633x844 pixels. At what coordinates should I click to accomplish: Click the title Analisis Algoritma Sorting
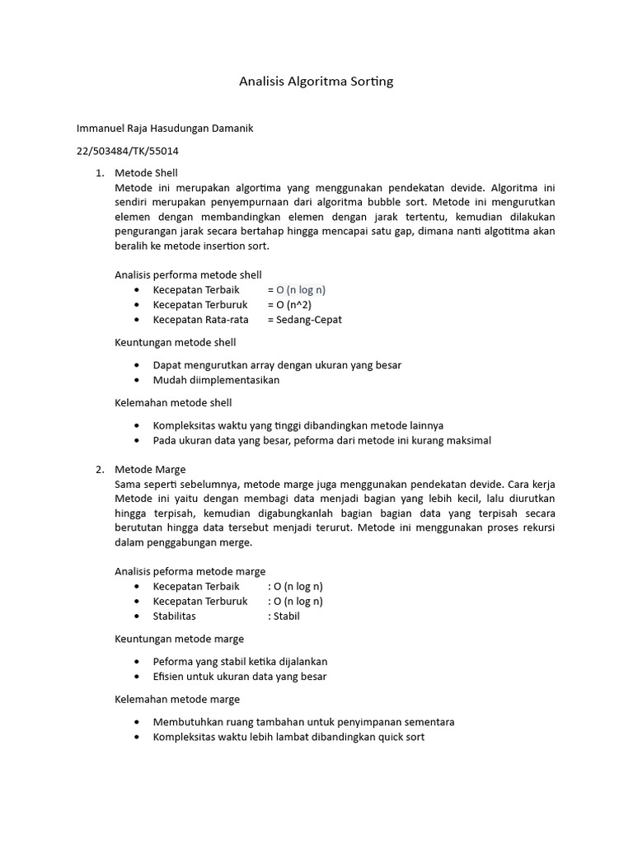[x=316, y=81]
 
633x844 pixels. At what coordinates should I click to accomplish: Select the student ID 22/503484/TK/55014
[x=128, y=151]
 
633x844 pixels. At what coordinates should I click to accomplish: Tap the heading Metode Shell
[x=146, y=172]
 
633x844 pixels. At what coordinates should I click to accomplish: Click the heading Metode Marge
[x=149, y=469]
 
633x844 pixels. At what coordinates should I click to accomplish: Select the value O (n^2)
[x=294, y=305]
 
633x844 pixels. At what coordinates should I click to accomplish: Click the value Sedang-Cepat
[x=309, y=320]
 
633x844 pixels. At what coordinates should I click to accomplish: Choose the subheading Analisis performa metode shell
[x=188, y=274]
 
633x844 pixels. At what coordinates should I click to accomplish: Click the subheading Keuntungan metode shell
[x=175, y=342]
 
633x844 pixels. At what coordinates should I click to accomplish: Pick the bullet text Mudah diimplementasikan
[x=216, y=380]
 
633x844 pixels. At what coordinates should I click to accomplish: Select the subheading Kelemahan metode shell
[x=173, y=402]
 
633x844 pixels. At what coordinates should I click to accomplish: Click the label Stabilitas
[x=175, y=616]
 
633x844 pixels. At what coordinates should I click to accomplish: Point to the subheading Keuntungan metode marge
[x=179, y=639]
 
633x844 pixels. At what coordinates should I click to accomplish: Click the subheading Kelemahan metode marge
[x=177, y=699]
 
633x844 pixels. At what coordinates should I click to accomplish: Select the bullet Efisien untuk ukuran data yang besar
[x=240, y=677]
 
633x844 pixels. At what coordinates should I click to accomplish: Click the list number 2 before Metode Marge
[x=98, y=469]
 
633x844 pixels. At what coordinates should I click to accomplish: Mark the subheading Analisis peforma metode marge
[x=190, y=570]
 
